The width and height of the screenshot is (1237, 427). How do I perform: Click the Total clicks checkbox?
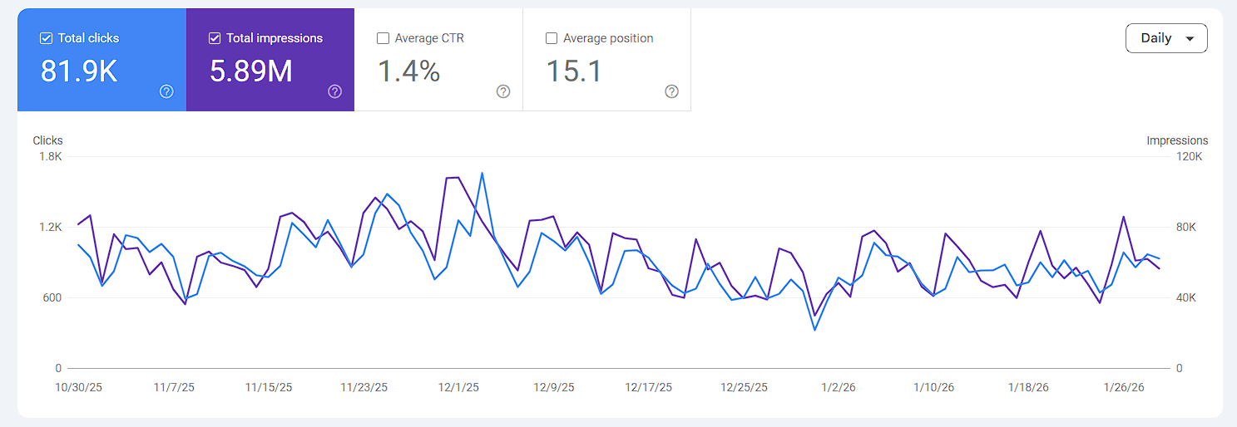[x=47, y=38]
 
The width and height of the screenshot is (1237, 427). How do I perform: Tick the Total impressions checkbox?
[x=215, y=38]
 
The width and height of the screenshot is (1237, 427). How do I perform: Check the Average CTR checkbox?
[x=383, y=38]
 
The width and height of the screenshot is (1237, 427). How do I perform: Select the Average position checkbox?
[x=552, y=38]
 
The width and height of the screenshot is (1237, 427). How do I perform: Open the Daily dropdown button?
[x=1165, y=38]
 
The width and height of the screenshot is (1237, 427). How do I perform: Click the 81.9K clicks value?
[x=79, y=71]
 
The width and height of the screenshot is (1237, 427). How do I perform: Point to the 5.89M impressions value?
[x=250, y=71]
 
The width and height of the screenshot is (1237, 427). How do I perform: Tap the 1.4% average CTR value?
[x=408, y=71]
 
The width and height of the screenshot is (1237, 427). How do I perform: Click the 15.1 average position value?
[x=573, y=71]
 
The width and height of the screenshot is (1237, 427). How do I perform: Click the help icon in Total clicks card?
[x=166, y=91]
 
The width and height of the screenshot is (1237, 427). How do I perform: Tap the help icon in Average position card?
[x=671, y=91]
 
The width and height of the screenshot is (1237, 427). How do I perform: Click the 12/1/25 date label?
[x=458, y=387]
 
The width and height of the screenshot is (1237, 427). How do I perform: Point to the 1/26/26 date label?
[x=1123, y=387]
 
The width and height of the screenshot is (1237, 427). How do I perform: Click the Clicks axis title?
[x=47, y=140]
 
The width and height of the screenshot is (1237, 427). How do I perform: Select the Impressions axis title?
[x=1177, y=140]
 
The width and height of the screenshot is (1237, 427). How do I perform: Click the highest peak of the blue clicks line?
[x=482, y=173]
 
